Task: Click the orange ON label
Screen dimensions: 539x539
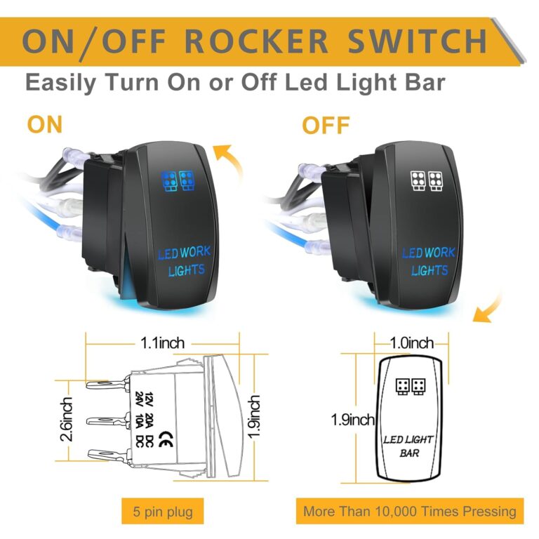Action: click(x=44, y=125)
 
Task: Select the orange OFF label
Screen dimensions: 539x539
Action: click(x=326, y=126)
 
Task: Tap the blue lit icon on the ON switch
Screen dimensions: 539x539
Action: click(x=177, y=181)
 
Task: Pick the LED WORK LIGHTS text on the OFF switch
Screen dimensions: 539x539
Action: click(x=428, y=261)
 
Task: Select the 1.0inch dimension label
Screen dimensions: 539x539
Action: click(x=412, y=343)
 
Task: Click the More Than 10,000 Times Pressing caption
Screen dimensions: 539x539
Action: click(x=410, y=511)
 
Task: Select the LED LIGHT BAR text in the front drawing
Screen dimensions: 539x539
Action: click(x=408, y=446)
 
